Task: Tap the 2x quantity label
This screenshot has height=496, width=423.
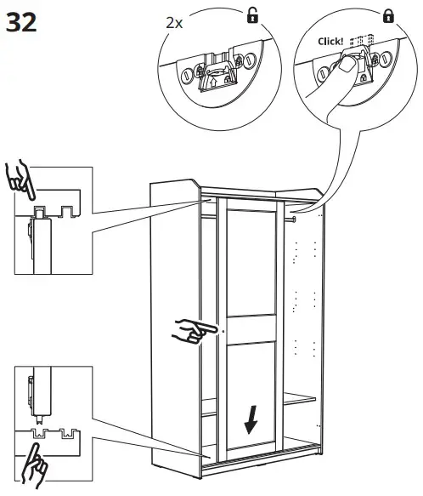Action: click(174, 23)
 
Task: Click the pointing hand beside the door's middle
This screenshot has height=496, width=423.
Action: click(193, 329)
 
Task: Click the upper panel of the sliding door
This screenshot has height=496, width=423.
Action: click(252, 259)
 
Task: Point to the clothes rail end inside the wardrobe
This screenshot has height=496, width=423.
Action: click(294, 220)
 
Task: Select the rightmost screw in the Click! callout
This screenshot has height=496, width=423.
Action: click(386, 60)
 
